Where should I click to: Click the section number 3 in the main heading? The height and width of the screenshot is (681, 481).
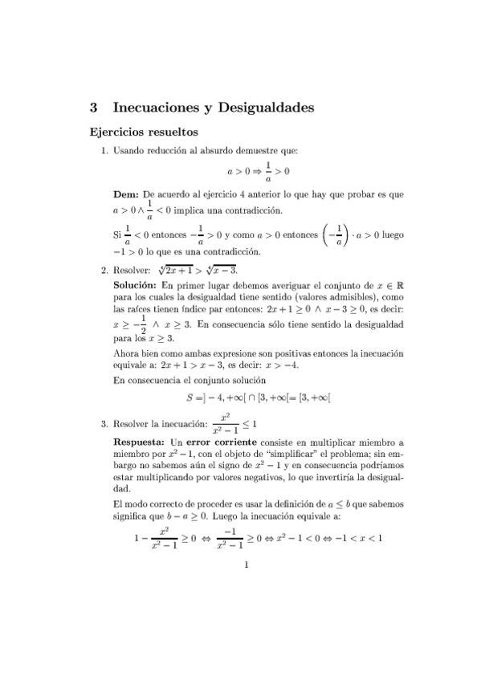click(94, 107)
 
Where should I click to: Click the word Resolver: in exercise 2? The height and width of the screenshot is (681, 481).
click(132, 271)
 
